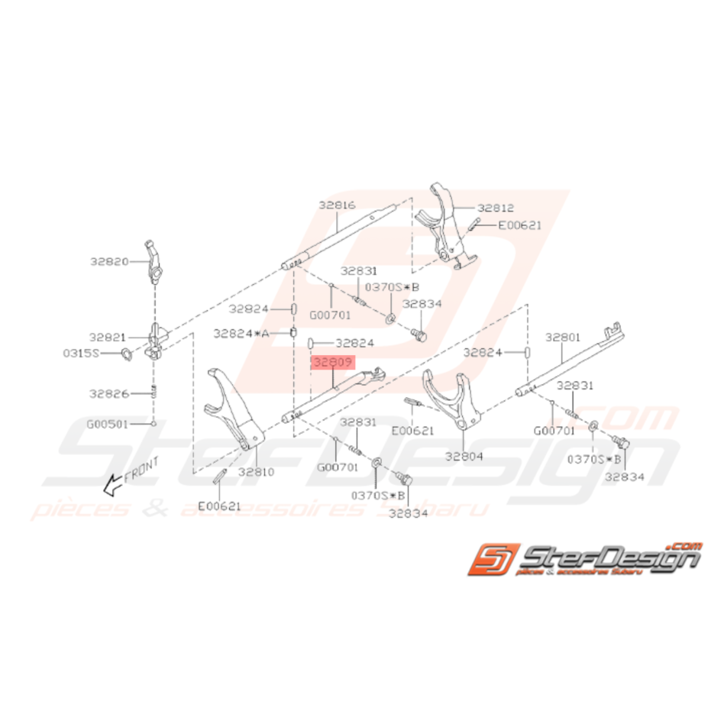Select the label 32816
(x=338, y=205)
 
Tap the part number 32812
(x=496, y=207)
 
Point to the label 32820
(x=108, y=260)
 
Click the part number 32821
(x=108, y=336)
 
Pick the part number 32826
(x=108, y=394)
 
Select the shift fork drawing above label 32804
(x=454, y=401)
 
